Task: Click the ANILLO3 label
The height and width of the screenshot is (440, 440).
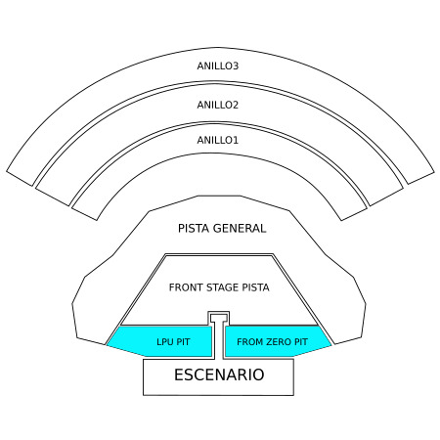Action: click(x=218, y=66)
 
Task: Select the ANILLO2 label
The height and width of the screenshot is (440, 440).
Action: click(x=218, y=105)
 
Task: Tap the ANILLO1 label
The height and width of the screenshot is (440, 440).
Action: click(x=218, y=140)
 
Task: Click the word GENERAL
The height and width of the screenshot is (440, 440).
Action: click(x=240, y=228)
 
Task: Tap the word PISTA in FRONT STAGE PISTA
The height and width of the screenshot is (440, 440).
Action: click(x=256, y=287)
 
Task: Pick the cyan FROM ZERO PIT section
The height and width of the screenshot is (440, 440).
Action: click(x=276, y=341)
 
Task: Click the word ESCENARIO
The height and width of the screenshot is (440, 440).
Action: click(x=219, y=374)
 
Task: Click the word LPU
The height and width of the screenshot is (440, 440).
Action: click(x=165, y=342)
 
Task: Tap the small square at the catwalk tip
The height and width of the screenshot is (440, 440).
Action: click(x=219, y=317)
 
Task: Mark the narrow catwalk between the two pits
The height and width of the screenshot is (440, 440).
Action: click(x=219, y=340)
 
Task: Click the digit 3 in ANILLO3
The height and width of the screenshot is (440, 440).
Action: click(x=236, y=66)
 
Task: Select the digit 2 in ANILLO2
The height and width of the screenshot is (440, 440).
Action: click(x=236, y=105)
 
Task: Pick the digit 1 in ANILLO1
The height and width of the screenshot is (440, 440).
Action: click(x=236, y=140)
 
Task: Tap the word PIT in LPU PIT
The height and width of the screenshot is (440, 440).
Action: click(x=183, y=342)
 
